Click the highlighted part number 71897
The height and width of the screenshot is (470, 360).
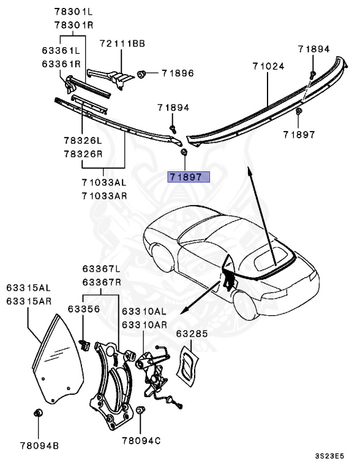coord(189,177)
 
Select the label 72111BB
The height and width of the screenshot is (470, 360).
coord(122,44)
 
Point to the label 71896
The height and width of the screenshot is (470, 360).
coord(178,73)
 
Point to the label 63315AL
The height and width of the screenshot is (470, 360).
coord(29,287)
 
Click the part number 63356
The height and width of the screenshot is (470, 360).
coord(83,309)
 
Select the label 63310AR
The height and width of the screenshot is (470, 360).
coord(144,324)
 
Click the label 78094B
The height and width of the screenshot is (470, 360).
coord(39,446)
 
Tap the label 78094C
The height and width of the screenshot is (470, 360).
coord(141,440)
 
